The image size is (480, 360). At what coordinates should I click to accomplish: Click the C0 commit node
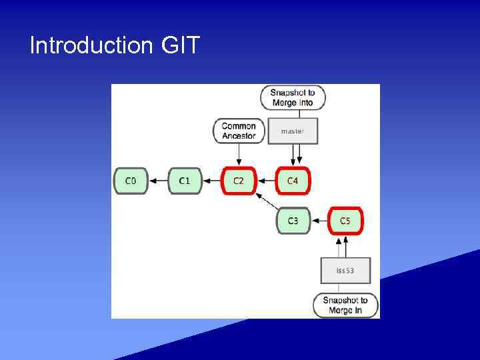click(x=131, y=181)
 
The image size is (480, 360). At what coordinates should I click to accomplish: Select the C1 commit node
click(x=185, y=181)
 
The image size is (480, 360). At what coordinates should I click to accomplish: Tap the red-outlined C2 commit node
click(x=239, y=181)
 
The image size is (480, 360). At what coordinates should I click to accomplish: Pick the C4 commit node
click(x=293, y=181)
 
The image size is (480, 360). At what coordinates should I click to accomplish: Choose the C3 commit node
click(x=293, y=221)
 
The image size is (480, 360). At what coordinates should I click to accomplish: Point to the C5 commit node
click(x=345, y=221)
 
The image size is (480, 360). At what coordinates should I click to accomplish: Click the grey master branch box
click(x=292, y=131)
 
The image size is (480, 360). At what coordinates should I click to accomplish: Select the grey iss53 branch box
click(x=345, y=271)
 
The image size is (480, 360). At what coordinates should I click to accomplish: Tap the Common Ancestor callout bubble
click(x=239, y=131)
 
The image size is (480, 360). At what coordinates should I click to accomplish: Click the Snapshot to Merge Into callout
click(x=293, y=98)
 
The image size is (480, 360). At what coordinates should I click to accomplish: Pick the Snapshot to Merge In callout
click(x=345, y=305)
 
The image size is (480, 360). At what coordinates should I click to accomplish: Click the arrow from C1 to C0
click(x=157, y=181)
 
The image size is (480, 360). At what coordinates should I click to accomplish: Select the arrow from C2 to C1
click(x=211, y=181)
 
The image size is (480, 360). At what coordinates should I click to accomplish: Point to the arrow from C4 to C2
click(x=266, y=181)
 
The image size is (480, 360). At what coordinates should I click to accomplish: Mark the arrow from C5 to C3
click(x=319, y=221)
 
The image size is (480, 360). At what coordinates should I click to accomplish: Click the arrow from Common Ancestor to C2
click(x=239, y=155)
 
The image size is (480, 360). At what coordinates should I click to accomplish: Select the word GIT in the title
click(x=180, y=46)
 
